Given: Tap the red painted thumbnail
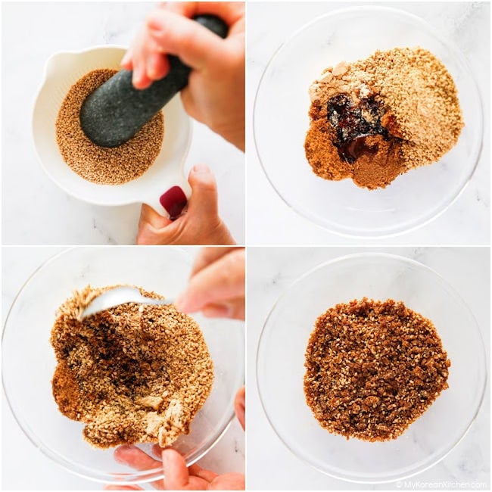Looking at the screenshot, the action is pyautogui.click(x=173, y=202).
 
